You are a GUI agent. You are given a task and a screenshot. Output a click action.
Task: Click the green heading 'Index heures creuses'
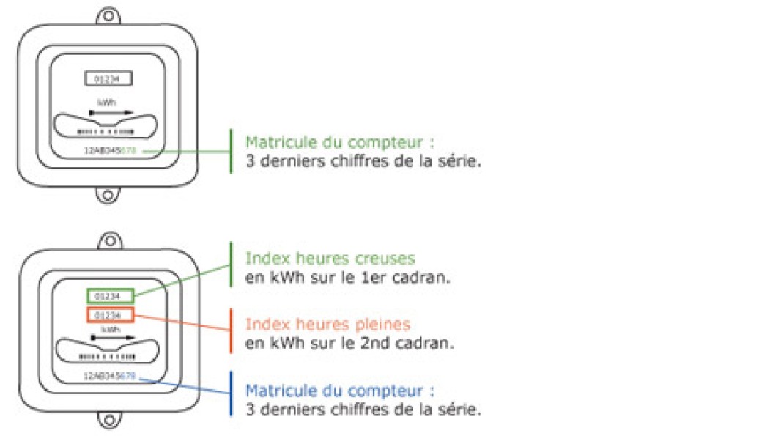pyautogui.click(x=330, y=259)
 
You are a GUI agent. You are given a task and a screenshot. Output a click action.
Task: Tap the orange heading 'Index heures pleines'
pyautogui.click(x=327, y=324)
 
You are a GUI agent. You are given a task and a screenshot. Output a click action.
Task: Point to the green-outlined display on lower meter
pyautogui.click(x=111, y=296)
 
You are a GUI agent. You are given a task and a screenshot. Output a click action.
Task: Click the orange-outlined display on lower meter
pyautogui.click(x=111, y=315)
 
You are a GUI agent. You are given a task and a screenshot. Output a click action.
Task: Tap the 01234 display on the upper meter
pyautogui.click(x=107, y=78)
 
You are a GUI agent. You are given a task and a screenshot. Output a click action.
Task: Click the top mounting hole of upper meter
pyautogui.click(x=108, y=15)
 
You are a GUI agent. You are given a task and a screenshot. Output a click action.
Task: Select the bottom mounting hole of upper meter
pyautogui.click(x=108, y=196)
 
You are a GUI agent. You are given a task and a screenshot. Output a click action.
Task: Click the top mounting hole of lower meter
pyautogui.click(x=111, y=240)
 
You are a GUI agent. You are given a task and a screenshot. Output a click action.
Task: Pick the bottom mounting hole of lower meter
pyautogui.click(x=111, y=421)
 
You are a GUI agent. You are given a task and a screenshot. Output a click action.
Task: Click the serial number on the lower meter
pyautogui.click(x=110, y=376)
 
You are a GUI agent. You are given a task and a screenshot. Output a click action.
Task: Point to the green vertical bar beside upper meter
pyautogui.click(x=231, y=151)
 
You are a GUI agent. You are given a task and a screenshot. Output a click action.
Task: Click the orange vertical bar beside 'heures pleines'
pyautogui.click(x=231, y=330)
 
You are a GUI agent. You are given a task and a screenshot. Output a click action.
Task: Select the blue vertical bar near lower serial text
pyautogui.click(x=231, y=394)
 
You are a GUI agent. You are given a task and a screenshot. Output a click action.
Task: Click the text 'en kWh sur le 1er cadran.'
pyautogui.click(x=348, y=278)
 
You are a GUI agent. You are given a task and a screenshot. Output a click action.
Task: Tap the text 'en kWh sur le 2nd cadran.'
pyautogui.click(x=349, y=342)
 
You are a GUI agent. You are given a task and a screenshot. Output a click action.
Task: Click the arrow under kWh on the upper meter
pyautogui.click(x=111, y=112)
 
